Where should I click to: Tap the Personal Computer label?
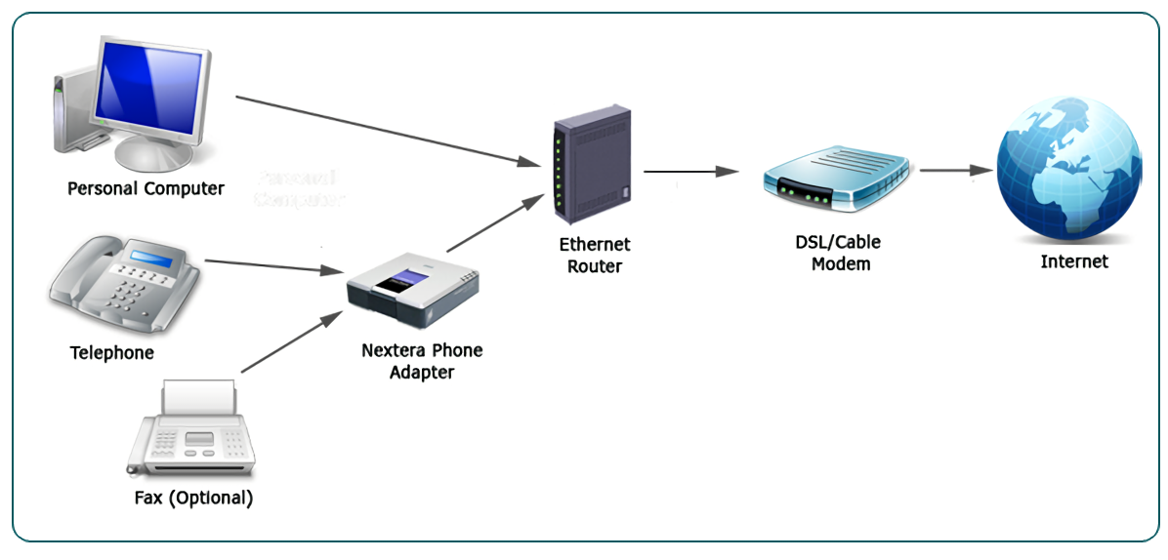(x=146, y=188)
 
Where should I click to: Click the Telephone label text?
(x=111, y=352)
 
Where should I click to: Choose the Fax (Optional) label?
(x=193, y=498)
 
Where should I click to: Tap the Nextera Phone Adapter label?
(x=422, y=361)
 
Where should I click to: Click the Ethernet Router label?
(x=595, y=255)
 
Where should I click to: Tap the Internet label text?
(x=1074, y=261)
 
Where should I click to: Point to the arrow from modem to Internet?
(x=956, y=170)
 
